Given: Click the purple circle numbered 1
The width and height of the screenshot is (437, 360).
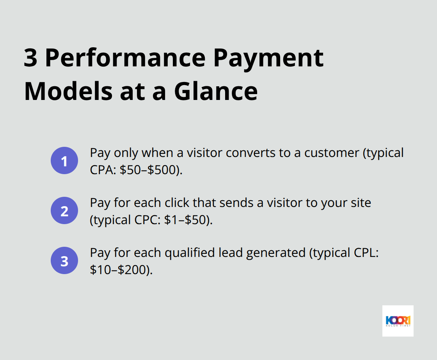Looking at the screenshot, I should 64,160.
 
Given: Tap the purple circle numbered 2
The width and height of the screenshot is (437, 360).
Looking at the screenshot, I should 64,210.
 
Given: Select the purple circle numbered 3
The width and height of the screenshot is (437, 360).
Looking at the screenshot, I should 64,260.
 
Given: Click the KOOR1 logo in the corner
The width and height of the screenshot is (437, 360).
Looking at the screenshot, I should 398,321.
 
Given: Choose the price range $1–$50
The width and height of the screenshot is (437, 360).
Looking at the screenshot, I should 188,220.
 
